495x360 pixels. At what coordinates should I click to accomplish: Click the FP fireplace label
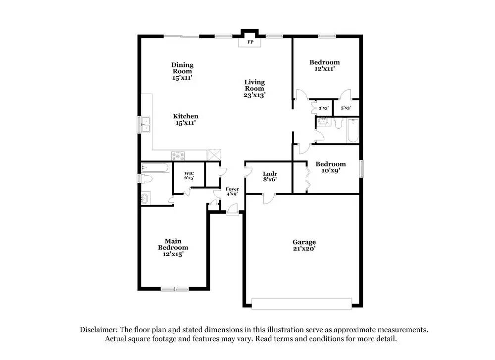point(250,43)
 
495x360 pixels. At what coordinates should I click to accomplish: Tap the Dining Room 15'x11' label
point(182,71)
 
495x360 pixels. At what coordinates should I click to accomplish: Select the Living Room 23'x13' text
point(254,88)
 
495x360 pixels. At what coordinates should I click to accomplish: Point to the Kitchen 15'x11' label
point(186,119)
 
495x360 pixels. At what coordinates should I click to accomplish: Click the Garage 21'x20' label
point(304,245)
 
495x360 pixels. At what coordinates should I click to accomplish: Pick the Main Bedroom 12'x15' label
point(173,247)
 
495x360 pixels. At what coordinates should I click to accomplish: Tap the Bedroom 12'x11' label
point(324,65)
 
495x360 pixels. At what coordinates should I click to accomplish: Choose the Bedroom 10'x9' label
point(330,167)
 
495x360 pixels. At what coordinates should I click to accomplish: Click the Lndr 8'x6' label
point(270,177)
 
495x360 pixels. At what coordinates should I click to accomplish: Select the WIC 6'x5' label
point(189,175)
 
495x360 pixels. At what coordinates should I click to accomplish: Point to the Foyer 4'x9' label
point(232,191)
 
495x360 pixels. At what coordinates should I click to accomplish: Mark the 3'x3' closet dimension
point(324,108)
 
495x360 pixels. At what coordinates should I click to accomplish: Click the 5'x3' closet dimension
point(346,108)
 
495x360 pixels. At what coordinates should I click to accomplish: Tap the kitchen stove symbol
point(178,155)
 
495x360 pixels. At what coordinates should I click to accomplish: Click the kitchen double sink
point(146,124)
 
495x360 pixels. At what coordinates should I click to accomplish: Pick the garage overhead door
point(302,303)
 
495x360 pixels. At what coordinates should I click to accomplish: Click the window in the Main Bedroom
point(174,289)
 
